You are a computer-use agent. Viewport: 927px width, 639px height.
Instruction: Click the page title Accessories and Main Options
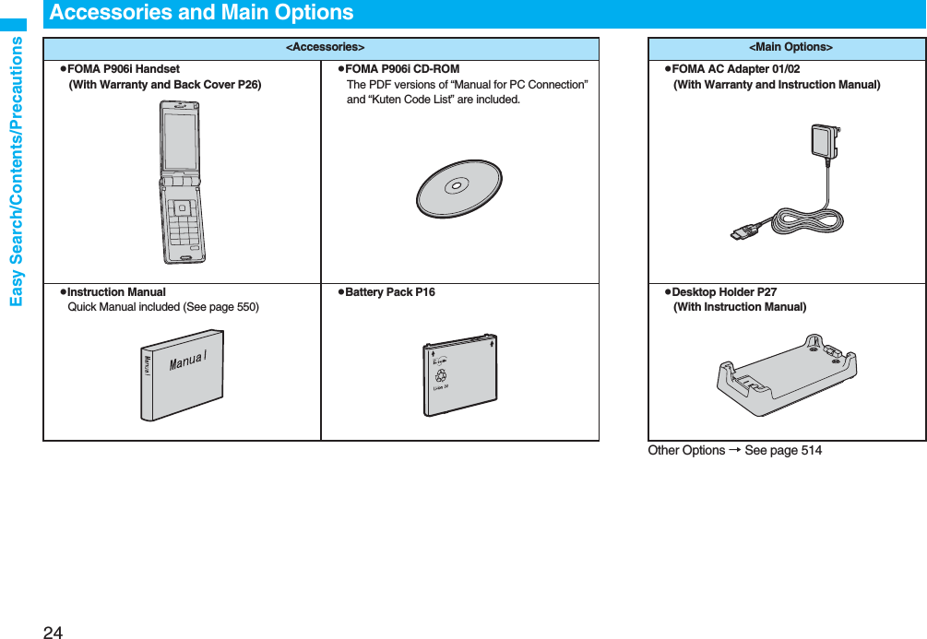click(x=201, y=13)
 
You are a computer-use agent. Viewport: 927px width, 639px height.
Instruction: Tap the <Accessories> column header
click(x=324, y=47)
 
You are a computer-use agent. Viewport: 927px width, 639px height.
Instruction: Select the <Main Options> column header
click(x=790, y=47)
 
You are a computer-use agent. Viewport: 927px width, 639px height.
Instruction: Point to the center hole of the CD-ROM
click(x=456, y=186)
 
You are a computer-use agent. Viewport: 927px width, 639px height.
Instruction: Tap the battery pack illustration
click(x=459, y=374)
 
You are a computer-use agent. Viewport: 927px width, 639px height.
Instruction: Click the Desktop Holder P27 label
click(x=724, y=292)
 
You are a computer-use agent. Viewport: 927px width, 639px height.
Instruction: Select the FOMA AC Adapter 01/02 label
click(x=735, y=69)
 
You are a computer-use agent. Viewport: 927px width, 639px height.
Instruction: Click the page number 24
click(x=53, y=631)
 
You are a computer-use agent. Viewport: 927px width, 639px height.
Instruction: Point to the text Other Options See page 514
click(x=734, y=450)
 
